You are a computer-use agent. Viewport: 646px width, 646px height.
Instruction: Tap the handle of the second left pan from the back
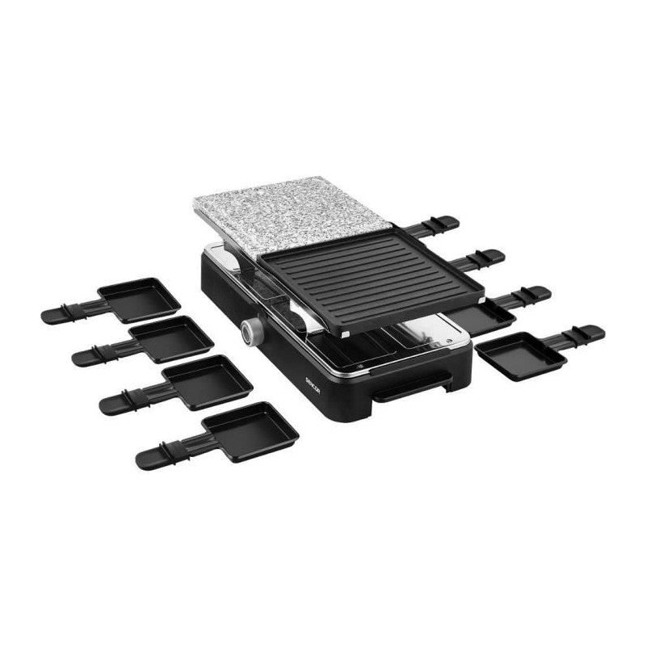click(x=101, y=352)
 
